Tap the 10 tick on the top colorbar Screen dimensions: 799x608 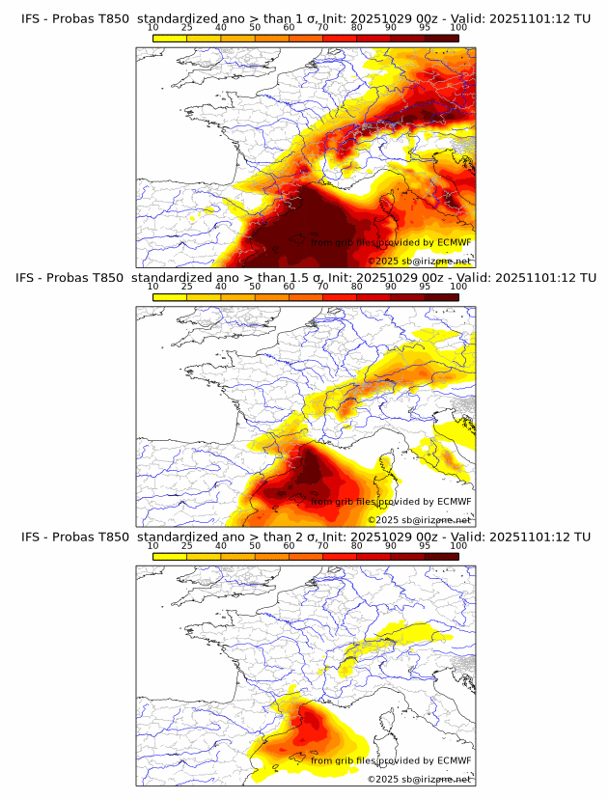[x=153, y=27]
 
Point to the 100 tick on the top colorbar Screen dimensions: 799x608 [x=458, y=27]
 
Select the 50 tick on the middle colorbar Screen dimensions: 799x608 [x=255, y=287]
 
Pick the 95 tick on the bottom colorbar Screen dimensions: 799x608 [x=425, y=545]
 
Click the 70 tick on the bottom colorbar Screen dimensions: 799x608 [x=322, y=545]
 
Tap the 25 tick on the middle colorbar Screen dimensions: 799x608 [x=187, y=287]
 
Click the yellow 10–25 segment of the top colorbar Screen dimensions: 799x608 [x=170, y=39]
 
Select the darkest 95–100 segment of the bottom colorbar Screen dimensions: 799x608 [x=441, y=557]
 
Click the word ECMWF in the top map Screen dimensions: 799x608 [x=454, y=242]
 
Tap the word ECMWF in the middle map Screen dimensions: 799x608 [x=454, y=501]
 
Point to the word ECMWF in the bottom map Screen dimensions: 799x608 [x=454, y=760]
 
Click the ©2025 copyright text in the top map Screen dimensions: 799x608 [x=383, y=262]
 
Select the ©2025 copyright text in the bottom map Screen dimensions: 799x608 [x=383, y=780]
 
